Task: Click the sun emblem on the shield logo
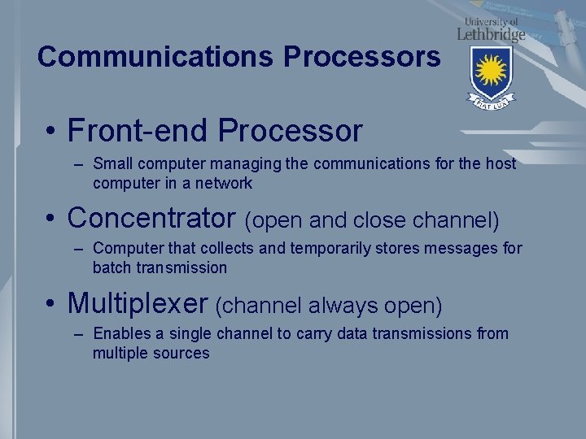point(491,71)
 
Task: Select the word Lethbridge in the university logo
point(491,34)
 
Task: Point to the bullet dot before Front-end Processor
point(51,132)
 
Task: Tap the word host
point(501,163)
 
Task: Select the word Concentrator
point(151,218)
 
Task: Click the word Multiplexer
point(138,303)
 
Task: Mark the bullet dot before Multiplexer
point(51,305)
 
